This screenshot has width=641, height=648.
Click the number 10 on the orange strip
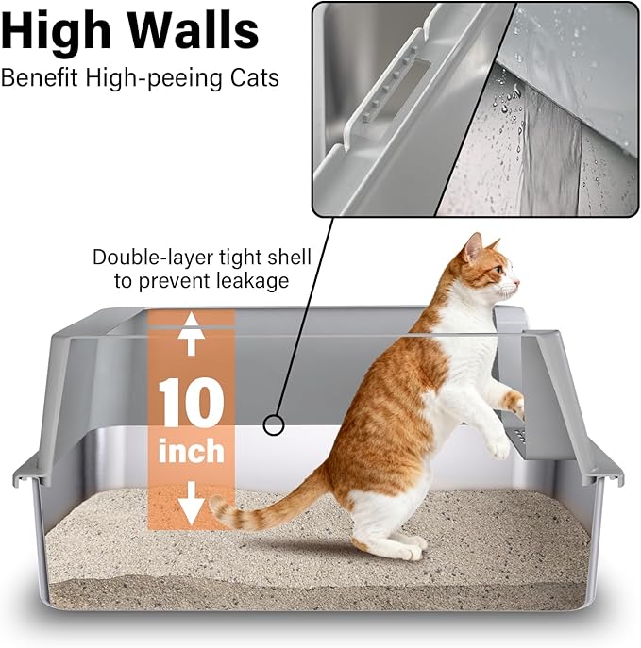(x=192, y=403)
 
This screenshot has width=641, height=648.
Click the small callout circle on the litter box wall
(x=273, y=425)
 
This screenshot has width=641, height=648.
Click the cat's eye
(x=499, y=270)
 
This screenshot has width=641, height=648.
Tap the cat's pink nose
(x=517, y=282)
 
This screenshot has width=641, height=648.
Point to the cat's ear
(x=472, y=248)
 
